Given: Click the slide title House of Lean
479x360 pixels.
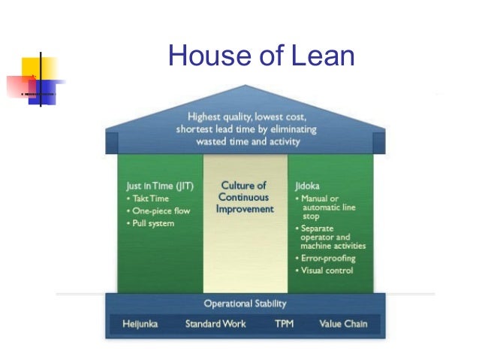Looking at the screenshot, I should (261, 56).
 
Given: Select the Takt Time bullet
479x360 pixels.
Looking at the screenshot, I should (150, 198).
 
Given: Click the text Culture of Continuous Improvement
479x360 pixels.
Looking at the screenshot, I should (244, 197).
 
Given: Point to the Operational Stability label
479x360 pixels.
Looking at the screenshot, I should (245, 304).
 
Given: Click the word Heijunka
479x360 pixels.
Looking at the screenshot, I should (141, 325).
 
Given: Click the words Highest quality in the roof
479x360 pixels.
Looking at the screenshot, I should (216, 116).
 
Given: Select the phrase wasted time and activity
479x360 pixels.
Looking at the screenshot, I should (247, 141).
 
